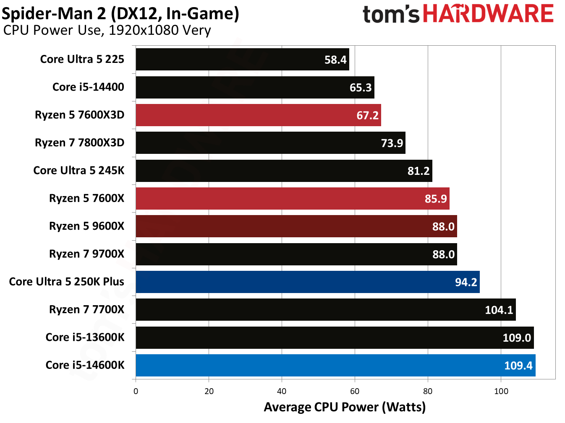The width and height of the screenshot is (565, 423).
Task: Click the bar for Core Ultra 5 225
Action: (x=242, y=60)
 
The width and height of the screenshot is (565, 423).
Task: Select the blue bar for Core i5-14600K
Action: (x=335, y=365)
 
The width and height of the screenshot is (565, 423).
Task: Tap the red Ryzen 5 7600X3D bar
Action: (x=258, y=115)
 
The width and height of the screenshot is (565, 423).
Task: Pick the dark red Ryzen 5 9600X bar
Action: (x=296, y=226)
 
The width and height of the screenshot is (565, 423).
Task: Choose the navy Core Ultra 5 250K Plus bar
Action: (x=307, y=282)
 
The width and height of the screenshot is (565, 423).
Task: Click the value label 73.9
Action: (x=392, y=143)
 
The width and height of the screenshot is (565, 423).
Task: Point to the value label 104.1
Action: (x=499, y=310)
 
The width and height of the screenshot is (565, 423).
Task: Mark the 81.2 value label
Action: (x=419, y=171)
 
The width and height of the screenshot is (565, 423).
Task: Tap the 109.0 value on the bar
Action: (x=517, y=338)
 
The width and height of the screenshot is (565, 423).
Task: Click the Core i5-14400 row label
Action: (x=88, y=87)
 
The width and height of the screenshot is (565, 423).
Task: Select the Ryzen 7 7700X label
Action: (x=86, y=309)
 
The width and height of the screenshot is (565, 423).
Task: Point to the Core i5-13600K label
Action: (x=85, y=337)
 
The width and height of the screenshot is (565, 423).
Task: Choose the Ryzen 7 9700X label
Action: (x=86, y=254)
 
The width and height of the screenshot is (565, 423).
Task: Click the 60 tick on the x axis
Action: (x=355, y=391)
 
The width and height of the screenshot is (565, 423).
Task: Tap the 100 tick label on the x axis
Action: (x=501, y=391)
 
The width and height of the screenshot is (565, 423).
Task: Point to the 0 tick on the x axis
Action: (x=136, y=391)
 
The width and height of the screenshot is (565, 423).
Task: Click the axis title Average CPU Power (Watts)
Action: (x=345, y=407)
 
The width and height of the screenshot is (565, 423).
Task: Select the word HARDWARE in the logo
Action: (x=488, y=14)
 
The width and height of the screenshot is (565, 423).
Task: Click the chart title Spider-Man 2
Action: (x=54, y=14)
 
